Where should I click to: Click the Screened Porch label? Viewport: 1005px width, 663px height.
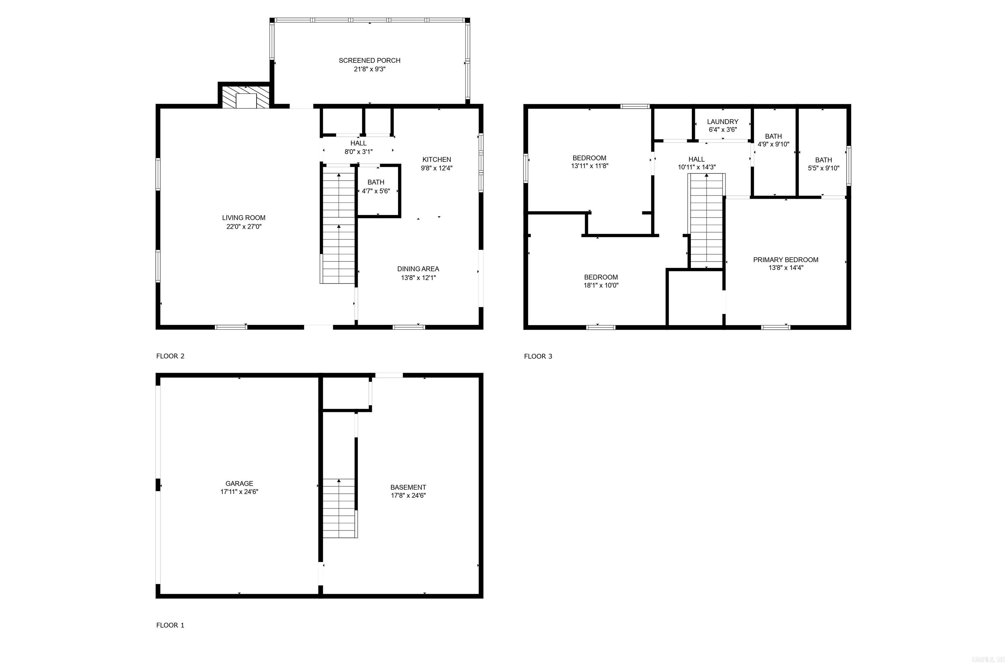coord(369,61)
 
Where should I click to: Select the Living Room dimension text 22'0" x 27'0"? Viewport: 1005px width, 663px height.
coord(244,227)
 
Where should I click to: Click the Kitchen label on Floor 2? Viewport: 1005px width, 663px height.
coord(436,159)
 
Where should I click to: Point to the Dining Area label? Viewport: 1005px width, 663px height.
coord(418,269)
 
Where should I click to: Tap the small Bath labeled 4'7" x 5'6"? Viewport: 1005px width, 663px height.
coord(376,187)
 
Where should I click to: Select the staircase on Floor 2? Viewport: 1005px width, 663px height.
coord(338,224)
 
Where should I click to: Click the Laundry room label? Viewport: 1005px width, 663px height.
coord(723,122)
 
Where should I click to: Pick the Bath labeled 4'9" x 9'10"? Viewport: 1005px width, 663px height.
coord(773,140)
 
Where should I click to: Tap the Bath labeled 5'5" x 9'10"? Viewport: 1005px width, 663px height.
coord(823,164)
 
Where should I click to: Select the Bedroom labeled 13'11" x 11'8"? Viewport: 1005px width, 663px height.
coord(590,162)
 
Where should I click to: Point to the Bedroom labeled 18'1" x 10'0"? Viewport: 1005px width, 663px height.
coord(601,281)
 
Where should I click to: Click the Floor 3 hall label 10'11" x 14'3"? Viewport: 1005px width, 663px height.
coord(696,163)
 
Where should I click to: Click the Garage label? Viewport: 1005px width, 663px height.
coord(239,483)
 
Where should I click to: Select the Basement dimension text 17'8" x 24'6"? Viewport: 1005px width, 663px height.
coord(408,495)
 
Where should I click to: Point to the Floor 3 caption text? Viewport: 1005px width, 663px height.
coord(538,356)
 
